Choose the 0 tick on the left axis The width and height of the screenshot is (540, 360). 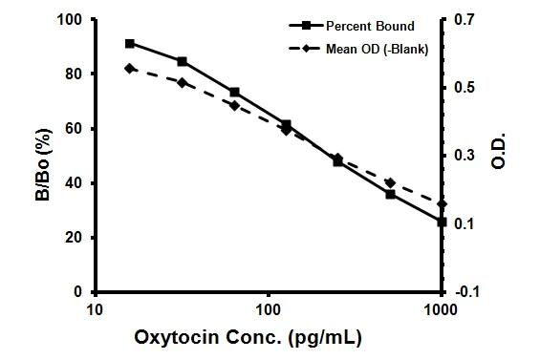coord(77,292)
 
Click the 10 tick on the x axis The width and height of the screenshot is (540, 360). coord(95,309)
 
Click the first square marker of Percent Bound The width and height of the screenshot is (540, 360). coord(130,43)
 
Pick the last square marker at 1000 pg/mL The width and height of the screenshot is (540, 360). coord(442,222)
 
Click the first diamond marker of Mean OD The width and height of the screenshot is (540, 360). coord(130,68)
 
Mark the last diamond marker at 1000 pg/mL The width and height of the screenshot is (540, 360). coord(442,204)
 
